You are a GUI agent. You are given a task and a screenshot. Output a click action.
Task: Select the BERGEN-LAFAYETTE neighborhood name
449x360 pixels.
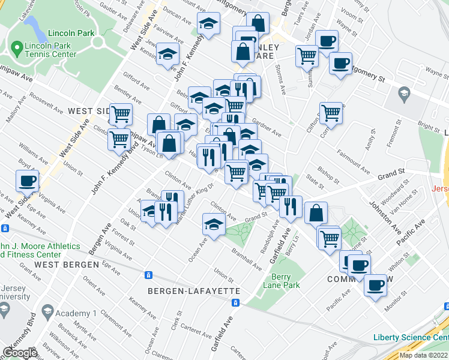194,291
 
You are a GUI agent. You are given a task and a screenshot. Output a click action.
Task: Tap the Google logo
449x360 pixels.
20,353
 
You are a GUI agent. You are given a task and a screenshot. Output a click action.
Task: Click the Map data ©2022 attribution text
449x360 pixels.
423,355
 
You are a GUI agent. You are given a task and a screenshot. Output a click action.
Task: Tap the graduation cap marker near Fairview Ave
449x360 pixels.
208,25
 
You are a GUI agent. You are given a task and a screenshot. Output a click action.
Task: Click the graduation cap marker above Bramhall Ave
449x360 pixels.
213,224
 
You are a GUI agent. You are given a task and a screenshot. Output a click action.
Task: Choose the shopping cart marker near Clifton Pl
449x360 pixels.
331,112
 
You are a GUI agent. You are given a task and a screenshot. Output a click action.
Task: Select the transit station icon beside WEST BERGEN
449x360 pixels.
148,275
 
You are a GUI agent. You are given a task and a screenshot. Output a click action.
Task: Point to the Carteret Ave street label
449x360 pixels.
197,329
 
